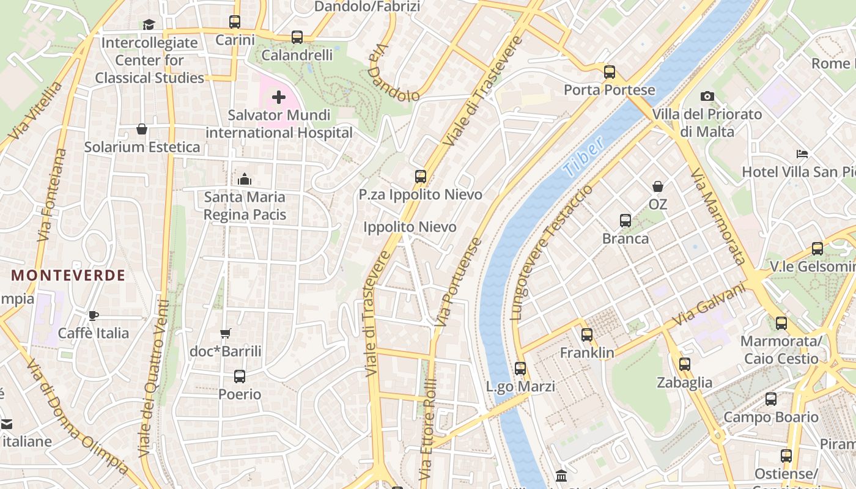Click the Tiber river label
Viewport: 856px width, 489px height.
[x=584, y=156]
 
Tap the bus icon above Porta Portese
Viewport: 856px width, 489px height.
[x=609, y=72]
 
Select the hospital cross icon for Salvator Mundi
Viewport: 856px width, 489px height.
[x=279, y=97]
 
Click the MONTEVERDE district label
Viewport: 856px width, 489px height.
[x=68, y=275]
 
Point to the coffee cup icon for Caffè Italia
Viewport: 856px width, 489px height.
[x=93, y=315]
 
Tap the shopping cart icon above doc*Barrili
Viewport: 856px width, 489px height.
[x=226, y=333]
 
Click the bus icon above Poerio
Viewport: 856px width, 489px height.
[x=240, y=377]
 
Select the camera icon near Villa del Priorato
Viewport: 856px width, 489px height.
[x=707, y=96]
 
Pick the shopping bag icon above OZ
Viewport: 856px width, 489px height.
[x=658, y=186]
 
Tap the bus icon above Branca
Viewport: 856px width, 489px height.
[x=625, y=221]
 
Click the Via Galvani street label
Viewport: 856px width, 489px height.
[x=709, y=304]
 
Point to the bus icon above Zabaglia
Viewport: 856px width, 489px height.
[x=685, y=364]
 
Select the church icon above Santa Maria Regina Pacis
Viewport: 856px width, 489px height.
[x=245, y=179]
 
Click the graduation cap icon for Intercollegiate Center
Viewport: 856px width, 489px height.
[x=149, y=24]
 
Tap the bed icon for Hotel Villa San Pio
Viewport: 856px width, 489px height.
[x=802, y=154]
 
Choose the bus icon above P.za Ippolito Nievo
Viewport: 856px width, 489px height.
[x=421, y=177]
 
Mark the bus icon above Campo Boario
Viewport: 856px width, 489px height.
[x=771, y=399]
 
